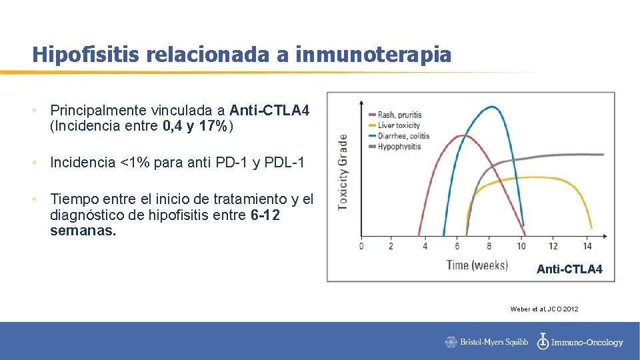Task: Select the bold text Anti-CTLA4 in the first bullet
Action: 269,110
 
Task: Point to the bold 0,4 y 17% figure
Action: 195,126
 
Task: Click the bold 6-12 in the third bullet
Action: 265,215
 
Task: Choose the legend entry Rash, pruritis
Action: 399,115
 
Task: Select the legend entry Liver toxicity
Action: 399,125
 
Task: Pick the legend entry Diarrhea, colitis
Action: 403,136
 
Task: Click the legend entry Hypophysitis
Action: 399,147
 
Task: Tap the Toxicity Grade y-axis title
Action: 343,171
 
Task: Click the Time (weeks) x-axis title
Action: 477,265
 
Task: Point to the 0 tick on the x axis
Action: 361,246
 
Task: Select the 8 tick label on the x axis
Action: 489,246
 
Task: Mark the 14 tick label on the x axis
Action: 587,246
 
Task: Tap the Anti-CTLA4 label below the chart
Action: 569,269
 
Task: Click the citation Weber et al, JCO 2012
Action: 544,309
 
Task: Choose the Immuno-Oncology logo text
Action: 587,343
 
